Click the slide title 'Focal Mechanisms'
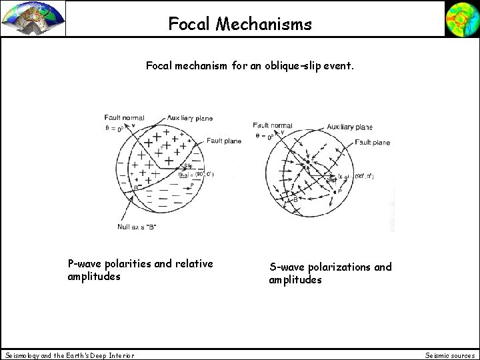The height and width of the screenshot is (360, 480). pos(239,25)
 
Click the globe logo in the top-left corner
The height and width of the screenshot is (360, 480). pos(33,18)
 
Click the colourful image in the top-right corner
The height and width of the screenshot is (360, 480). pos(461,18)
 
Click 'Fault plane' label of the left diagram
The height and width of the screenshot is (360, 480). pos(224,141)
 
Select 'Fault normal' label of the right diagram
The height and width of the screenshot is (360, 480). pos(272,125)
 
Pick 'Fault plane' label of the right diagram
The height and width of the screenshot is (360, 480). pos(372,142)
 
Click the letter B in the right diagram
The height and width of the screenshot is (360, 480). pos(296,199)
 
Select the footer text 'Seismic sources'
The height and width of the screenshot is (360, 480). pos(449,355)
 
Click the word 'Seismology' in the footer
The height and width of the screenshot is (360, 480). pos(24,355)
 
